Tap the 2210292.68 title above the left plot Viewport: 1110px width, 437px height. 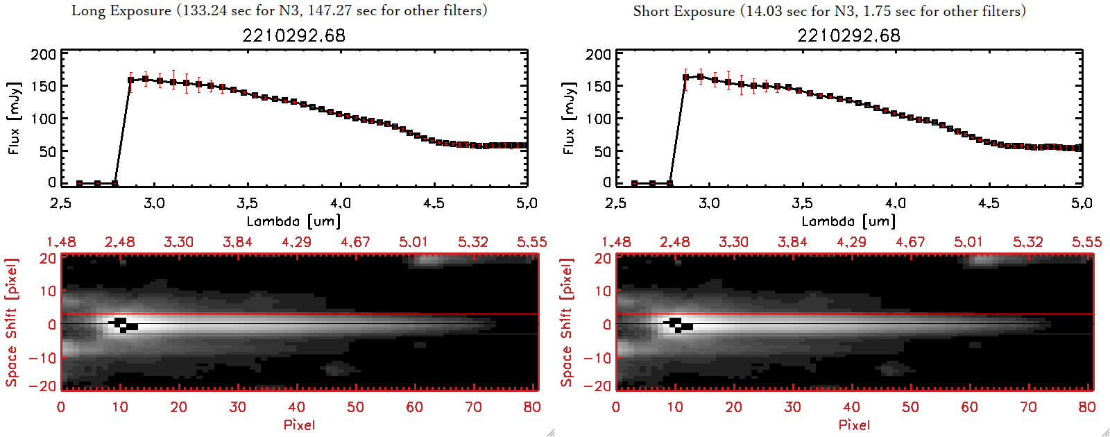click(293, 35)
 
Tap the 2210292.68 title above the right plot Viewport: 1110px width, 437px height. click(848, 35)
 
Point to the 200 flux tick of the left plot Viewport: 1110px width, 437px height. click(43, 54)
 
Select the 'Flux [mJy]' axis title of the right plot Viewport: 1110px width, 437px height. click(570, 118)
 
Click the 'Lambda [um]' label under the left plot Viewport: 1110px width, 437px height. click(293, 221)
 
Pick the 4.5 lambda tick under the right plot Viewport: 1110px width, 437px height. click(989, 203)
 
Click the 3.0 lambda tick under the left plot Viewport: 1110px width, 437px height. click(154, 203)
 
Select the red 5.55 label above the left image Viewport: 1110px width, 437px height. click(531, 242)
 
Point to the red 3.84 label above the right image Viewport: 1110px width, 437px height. click(792, 242)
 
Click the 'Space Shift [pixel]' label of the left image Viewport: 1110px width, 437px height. click(12, 323)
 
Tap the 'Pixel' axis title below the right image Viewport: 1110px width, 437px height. click(854, 425)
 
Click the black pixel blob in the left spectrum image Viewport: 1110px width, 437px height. click(124, 324)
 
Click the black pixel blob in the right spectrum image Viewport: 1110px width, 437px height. click(679, 324)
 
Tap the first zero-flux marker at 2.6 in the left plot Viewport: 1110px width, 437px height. click(80, 183)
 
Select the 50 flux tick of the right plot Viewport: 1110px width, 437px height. click(603, 151)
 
